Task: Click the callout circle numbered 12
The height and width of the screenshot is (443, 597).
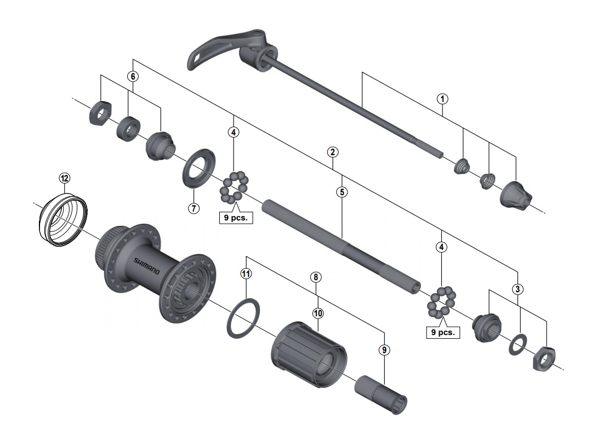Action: [x=65, y=178]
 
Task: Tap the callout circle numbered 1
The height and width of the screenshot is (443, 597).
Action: [x=442, y=99]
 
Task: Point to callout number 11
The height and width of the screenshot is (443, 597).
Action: [x=246, y=273]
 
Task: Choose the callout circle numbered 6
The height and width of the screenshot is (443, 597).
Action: [x=132, y=77]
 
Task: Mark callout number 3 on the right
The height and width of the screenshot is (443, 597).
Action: [x=518, y=289]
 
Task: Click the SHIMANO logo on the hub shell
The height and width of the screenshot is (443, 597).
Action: [x=145, y=266]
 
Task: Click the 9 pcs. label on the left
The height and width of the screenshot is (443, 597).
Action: [x=235, y=217]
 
